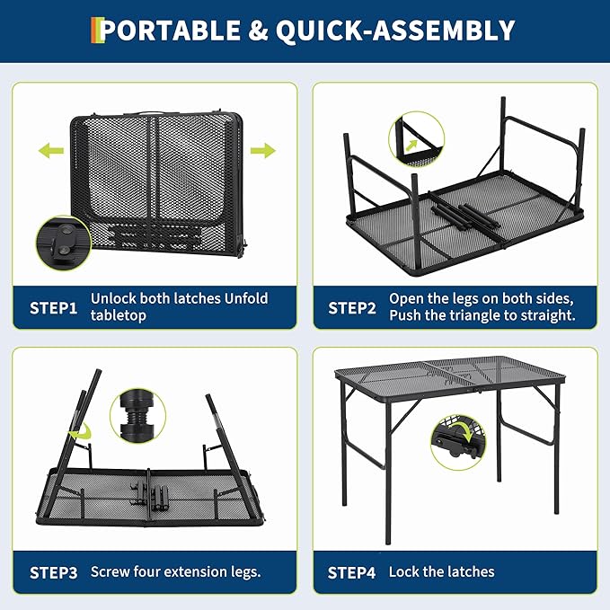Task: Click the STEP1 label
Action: pos(54,307)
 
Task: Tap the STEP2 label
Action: pos(352,307)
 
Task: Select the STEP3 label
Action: pos(54,572)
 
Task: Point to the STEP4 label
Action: pos(352,572)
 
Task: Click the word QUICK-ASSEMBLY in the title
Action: pos(395,31)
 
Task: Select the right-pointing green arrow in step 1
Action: pos(261,150)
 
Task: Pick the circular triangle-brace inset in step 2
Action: pos(416,138)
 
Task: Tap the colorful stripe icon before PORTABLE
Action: pos(95,31)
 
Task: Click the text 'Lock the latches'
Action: pos(441,572)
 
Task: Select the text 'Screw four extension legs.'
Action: pos(175,572)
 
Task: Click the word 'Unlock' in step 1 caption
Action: pos(113,298)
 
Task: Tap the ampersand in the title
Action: pos(258,31)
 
